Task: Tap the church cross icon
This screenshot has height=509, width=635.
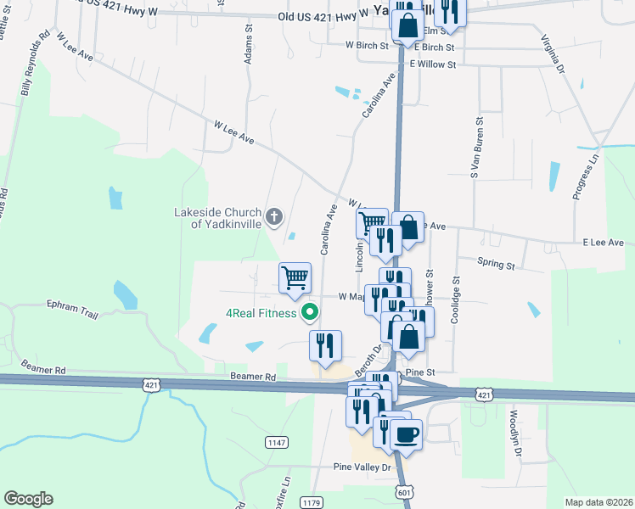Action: [x=273, y=217]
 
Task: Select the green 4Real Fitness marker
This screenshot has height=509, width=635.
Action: [x=310, y=313]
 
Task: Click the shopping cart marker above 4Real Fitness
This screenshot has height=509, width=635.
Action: [x=295, y=277]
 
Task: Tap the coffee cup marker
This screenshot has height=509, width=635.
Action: [x=407, y=435]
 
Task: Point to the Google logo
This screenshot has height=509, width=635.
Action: [x=28, y=499]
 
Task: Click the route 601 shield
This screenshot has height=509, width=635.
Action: [x=403, y=492]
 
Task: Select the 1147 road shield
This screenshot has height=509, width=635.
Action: [x=276, y=442]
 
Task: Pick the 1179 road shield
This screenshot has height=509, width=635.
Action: [x=310, y=503]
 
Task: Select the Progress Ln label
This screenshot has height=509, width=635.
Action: [x=586, y=176]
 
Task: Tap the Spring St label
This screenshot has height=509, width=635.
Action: [x=496, y=265]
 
